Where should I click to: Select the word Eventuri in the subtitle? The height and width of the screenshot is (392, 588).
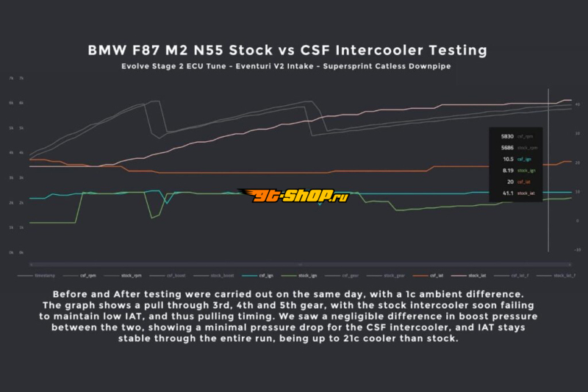pos(273,66)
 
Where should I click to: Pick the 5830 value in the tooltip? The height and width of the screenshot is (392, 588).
pos(507,136)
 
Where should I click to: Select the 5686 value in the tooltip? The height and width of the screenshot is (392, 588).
pos(507,147)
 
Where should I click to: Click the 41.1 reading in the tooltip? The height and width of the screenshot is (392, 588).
pos(508,193)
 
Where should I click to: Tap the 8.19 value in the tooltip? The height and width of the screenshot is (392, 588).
pos(508,170)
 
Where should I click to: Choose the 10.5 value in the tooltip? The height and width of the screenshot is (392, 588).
pos(508,159)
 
